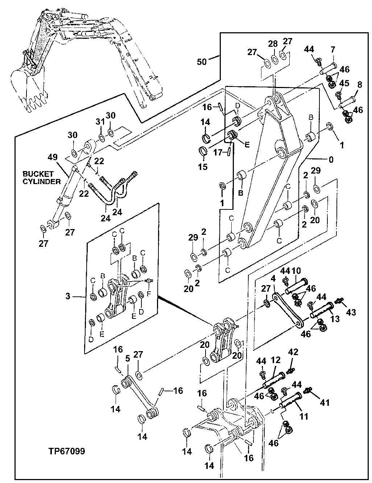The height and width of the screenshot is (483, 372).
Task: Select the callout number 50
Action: point(202,62)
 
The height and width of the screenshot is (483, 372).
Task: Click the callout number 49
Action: point(53,157)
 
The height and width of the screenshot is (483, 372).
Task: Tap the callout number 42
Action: point(293,351)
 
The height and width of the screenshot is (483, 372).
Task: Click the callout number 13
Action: point(335,318)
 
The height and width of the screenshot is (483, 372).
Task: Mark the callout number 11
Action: point(303,416)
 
